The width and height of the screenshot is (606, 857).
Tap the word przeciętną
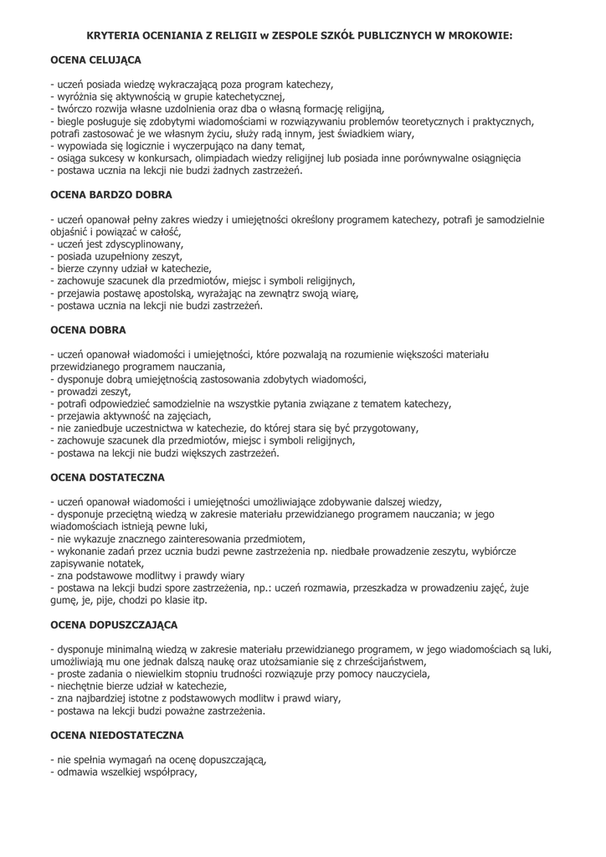(x=136, y=515)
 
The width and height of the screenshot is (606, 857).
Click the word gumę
(x=67, y=600)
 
